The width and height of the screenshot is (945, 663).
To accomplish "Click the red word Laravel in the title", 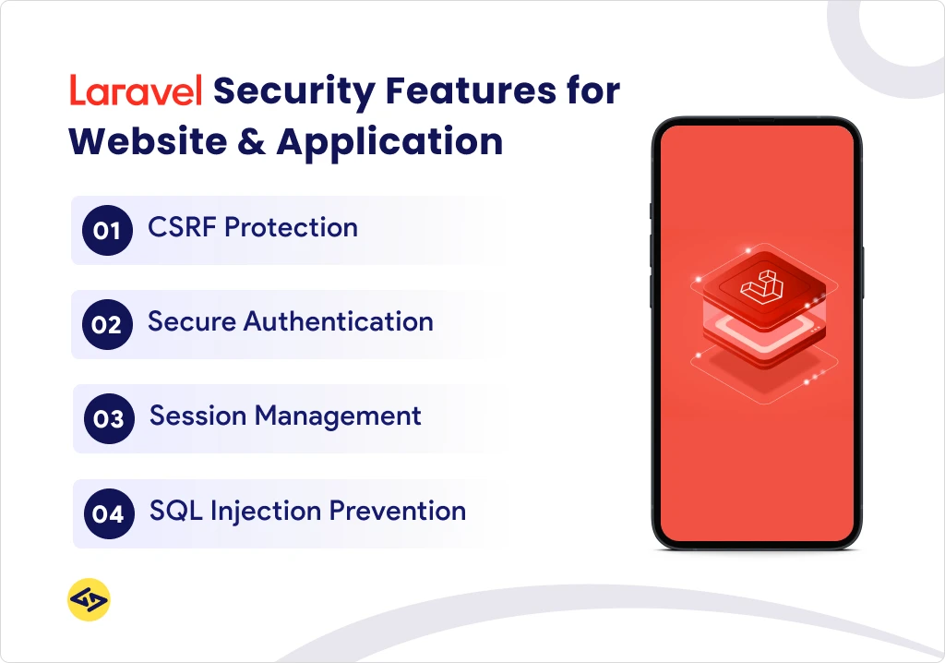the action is (136, 90).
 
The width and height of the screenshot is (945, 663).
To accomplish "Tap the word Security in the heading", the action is (294, 92).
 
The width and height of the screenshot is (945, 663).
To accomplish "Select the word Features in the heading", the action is (471, 90).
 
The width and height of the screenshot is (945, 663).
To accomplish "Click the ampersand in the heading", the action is (251, 142).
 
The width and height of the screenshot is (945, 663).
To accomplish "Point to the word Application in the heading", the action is (389, 143).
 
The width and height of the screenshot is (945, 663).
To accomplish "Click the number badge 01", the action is (107, 231).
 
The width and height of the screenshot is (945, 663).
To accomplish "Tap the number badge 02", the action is (107, 324).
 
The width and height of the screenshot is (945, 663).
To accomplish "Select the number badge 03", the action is (109, 418).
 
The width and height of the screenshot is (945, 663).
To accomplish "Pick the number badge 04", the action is (109, 513).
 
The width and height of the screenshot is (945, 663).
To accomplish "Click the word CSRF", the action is (182, 227).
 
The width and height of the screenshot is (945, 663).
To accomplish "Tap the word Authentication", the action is (338, 321).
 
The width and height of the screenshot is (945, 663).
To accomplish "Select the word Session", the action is (198, 416).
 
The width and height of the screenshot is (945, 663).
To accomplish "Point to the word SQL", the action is (176, 511).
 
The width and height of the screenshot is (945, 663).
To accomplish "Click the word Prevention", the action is (398, 511).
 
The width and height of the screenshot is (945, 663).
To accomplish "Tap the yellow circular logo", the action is (89, 599).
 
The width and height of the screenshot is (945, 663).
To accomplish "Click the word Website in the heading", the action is (149, 142).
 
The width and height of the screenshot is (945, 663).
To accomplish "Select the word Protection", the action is (291, 227).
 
